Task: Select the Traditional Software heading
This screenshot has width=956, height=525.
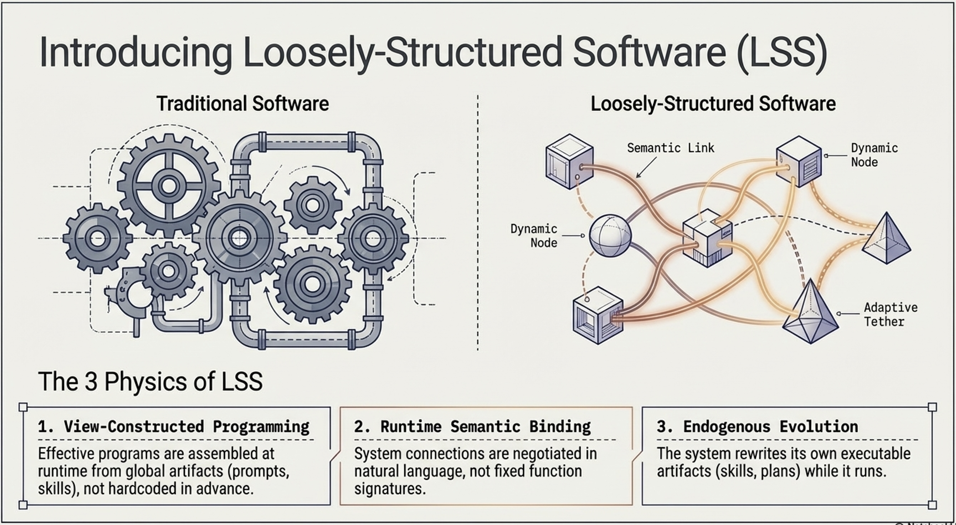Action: coord(242,104)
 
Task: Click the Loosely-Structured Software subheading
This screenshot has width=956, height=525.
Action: coord(713,104)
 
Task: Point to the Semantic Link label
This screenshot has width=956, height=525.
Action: coord(670,148)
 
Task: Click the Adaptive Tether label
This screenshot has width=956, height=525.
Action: coord(890,314)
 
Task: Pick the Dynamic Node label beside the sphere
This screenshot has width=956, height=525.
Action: coord(534,236)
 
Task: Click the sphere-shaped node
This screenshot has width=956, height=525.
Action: coord(610,236)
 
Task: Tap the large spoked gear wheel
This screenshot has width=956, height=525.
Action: coord(168,185)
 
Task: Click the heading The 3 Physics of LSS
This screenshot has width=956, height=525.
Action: coord(150,381)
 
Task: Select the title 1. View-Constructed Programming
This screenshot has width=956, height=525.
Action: coord(173,427)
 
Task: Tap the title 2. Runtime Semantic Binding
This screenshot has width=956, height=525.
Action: coord(472,427)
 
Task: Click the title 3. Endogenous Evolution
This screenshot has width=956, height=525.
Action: coord(757,427)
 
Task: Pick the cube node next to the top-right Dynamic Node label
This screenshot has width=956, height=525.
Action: coord(798,161)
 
